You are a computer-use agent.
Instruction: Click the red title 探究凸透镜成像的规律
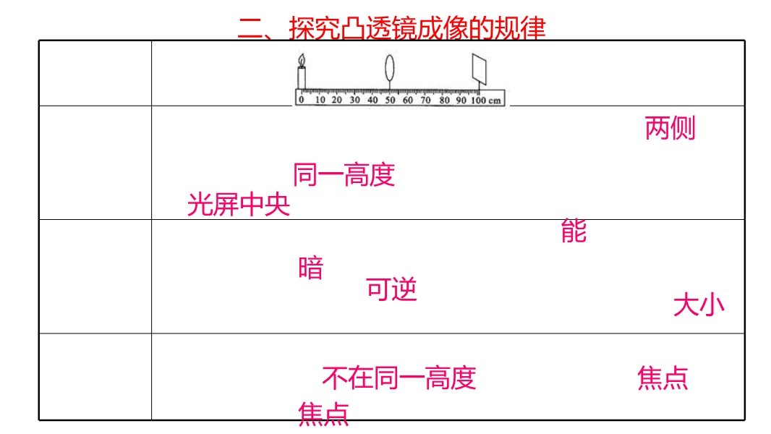417,27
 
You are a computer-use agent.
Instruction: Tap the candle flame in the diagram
302,61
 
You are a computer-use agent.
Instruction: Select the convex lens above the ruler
389,67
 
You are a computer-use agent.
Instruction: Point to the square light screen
479,69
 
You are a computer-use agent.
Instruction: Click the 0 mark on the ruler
302,100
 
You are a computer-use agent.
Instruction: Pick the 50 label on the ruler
390,100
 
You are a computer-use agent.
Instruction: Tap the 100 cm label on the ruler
486,100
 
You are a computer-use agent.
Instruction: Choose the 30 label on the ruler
354,100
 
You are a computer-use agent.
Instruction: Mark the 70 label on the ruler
425,100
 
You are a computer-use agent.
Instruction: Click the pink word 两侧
670,128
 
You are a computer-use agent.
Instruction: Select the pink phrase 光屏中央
239,205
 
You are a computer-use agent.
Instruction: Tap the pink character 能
574,231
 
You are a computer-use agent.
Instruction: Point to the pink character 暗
311,268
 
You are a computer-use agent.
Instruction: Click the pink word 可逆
391,289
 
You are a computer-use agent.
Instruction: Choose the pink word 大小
699,305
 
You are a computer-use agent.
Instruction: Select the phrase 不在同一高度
399,378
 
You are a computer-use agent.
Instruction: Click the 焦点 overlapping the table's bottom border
323,414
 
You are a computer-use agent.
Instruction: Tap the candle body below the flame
302,78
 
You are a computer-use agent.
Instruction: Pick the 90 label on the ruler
461,100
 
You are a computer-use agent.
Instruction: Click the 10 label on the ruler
320,100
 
